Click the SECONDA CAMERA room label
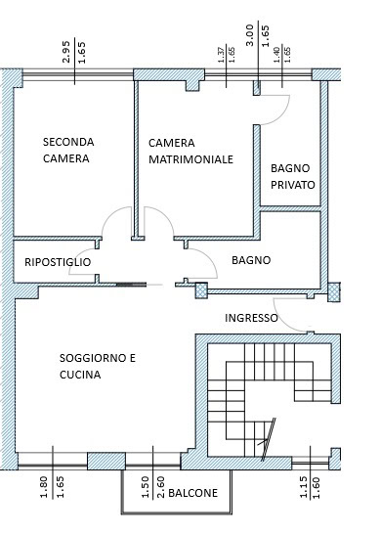click(x=68, y=151)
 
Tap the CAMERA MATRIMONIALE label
click(x=190, y=151)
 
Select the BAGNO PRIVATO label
click(x=293, y=176)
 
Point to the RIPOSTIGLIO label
click(x=58, y=262)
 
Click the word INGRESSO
click(x=251, y=318)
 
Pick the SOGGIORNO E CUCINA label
click(x=98, y=367)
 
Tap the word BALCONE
click(x=192, y=493)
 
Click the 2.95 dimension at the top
click(x=66, y=52)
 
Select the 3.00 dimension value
click(x=250, y=35)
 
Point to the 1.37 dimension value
click(x=221, y=55)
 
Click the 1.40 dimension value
click(x=277, y=55)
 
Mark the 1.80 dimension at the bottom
click(x=44, y=487)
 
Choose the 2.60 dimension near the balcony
click(x=161, y=487)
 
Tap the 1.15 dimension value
click(x=304, y=487)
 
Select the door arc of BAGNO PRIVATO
click(x=281, y=115)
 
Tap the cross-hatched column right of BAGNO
click(x=334, y=291)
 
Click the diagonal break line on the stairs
click(x=269, y=439)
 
